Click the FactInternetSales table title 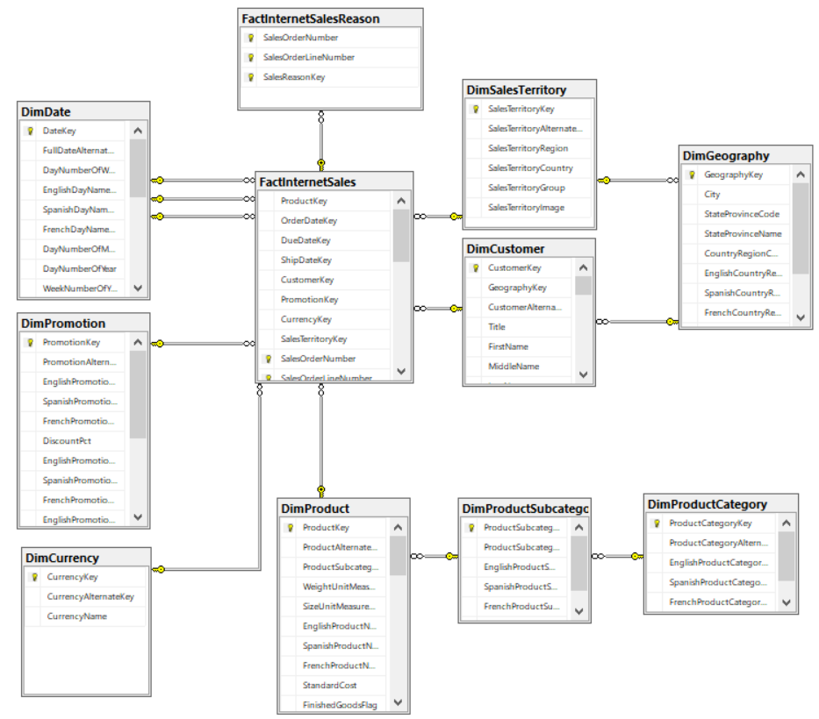pyautogui.click(x=307, y=182)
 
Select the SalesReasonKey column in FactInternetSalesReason pyautogui.click(x=294, y=77)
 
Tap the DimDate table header pyautogui.click(x=45, y=112)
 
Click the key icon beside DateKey pyautogui.click(x=30, y=131)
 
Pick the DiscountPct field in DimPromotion pyautogui.click(x=67, y=441)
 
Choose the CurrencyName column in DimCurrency pyautogui.click(x=77, y=616)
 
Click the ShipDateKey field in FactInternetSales pyautogui.click(x=305, y=260)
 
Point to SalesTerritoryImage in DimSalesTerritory pyautogui.click(x=526, y=208)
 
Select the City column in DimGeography pyautogui.click(x=712, y=195)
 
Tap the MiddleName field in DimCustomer pyautogui.click(x=514, y=367)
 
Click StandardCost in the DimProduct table pyautogui.click(x=329, y=685)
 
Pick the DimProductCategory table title pyautogui.click(x=707, y=504)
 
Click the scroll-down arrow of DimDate pyautogui.click(x=138, y=288)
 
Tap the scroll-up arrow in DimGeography pyautogui.click(x=801, y=175)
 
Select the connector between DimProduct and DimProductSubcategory pyautogui.click(x=434, y=556)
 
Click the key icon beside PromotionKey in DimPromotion pyautogui.click(x=30, y=343)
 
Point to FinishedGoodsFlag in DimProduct pyautogui.click(x=340, y=704)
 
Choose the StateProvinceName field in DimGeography pyautogui.click(x=742, y=234)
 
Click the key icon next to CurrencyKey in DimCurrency pyautogui.click(x=34, y=577)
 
